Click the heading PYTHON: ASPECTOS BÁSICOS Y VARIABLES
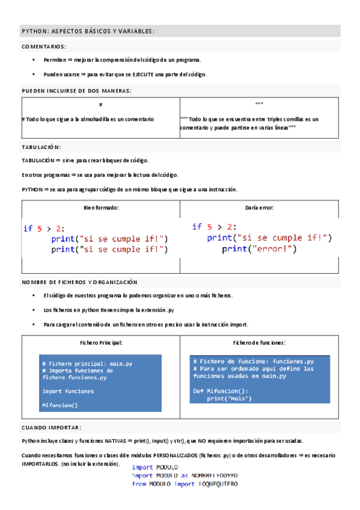88,31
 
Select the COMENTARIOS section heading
44,46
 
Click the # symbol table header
100,105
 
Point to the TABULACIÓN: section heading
41,147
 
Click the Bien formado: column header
100,207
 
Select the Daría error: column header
259,207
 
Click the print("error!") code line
259,248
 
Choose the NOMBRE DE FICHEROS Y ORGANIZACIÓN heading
79,282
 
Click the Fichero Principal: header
100,342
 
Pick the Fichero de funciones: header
259,342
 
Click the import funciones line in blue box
68,391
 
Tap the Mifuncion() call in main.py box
59,405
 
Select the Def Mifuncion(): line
220,390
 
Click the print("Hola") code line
230,398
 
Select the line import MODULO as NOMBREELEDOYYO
185,475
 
